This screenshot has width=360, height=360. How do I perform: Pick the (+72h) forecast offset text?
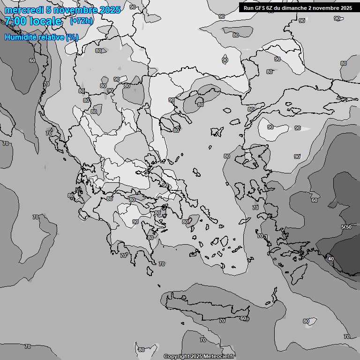81,21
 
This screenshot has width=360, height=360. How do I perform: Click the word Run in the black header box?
248,7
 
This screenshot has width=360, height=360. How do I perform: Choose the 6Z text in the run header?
269,7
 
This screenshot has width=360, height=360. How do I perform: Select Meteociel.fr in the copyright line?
219,357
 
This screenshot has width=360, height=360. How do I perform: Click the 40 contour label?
331,259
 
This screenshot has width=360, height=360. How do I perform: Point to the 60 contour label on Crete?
243,319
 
